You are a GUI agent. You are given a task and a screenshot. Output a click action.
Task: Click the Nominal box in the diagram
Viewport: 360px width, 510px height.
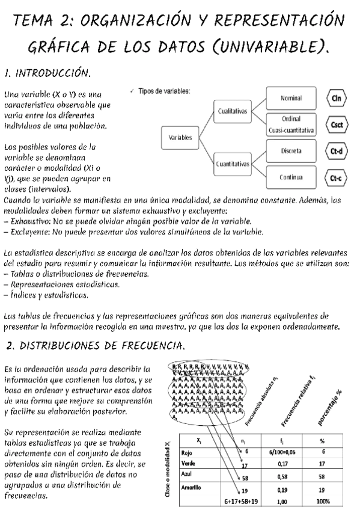tap(291, 98)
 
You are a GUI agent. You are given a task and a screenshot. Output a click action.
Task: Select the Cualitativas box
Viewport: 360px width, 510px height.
tap(232, 112)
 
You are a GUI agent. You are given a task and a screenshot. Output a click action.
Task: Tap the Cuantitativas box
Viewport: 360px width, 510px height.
tap(232, 164)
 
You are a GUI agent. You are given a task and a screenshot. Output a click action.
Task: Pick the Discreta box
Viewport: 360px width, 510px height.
tap(291, 152)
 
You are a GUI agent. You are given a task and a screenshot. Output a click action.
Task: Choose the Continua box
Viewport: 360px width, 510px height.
tap(291, 177)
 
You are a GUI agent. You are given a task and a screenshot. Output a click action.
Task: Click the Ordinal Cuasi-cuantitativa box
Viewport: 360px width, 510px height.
tap(291, 124)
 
